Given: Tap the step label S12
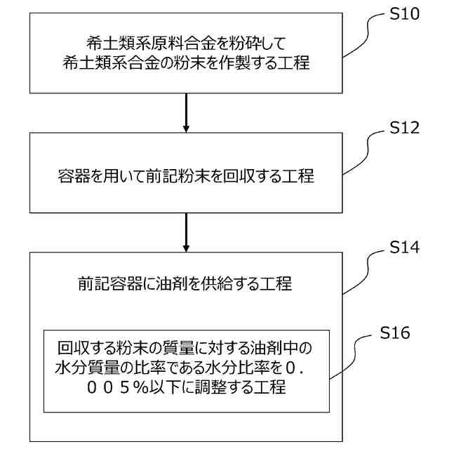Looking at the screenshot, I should click(x=404, y=128).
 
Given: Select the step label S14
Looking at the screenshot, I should click(x=405, y=248).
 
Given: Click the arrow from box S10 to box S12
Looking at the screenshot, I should click(x=186, y=112).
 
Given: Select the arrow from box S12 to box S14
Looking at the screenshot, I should click(x=186, y=232).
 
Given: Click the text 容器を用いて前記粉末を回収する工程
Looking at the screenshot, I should click(x=186, y=175).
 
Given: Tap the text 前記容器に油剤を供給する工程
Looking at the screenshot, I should click(x=185, y=284).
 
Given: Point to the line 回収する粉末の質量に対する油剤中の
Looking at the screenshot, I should click(x=185, y=347).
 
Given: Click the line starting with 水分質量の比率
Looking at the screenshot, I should click(x=185, y=367).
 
